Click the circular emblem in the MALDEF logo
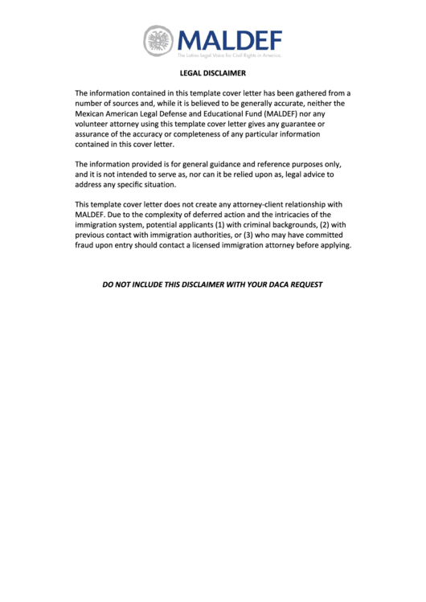(x=159, y=39)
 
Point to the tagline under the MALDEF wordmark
(x=229, y=55)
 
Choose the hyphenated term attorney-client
(x=258, y=204)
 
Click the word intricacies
(x=281, y=215)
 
